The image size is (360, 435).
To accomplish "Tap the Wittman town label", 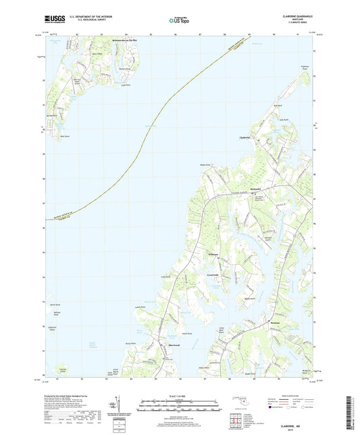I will [214, 254].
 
